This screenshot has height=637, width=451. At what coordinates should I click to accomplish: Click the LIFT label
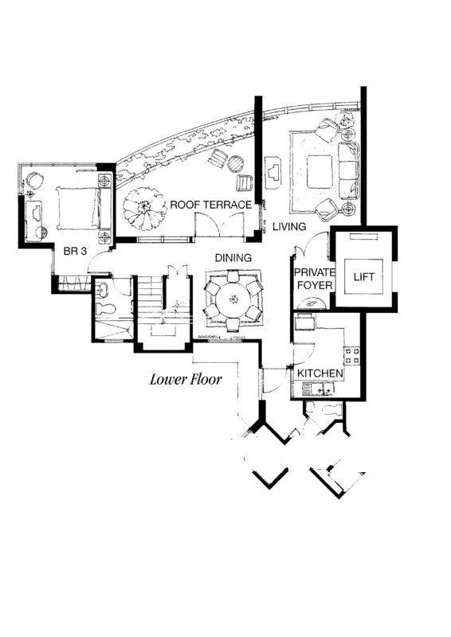pyautogui.click(x=363, y=277)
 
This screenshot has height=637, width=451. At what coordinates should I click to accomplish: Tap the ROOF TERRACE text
pyautogui.click(x=210, y=205)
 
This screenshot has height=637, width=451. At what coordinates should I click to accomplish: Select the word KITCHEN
pyautogui.click(x=320, y=373)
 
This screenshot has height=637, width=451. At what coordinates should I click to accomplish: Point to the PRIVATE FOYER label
pyautogui.click(x=315, y=279)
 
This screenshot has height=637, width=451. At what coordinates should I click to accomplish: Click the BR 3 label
pyautogui.click(x=75, y=252)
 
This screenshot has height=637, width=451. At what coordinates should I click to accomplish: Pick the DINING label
pyautogui.click(x=233, y=258)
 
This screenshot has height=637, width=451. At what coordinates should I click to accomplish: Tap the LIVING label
pyautogui.click(x=289, y=226)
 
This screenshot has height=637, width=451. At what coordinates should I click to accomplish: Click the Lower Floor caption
pyautogui.click(x=186, y=380)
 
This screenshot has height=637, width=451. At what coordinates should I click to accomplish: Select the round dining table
pyautogui.click(x=233, y=300)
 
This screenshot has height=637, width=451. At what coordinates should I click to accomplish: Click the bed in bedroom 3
pyautogui.click(x=79, y=208)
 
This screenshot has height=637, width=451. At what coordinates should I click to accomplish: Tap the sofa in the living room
pyautogui.click(x=349, y=170)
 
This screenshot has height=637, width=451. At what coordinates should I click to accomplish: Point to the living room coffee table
pyautogui.click(x=320, y=171)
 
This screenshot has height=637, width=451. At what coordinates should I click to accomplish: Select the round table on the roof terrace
pyautogui.click(x=235, y=164)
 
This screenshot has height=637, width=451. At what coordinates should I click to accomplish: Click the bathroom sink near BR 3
pyautogui.click(x=102, y=289)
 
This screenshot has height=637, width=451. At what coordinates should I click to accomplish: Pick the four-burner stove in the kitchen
pyautogui.click(x=352, y=355)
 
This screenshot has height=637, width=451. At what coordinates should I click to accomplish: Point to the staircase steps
pyautogui.click(x=150, y=298)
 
